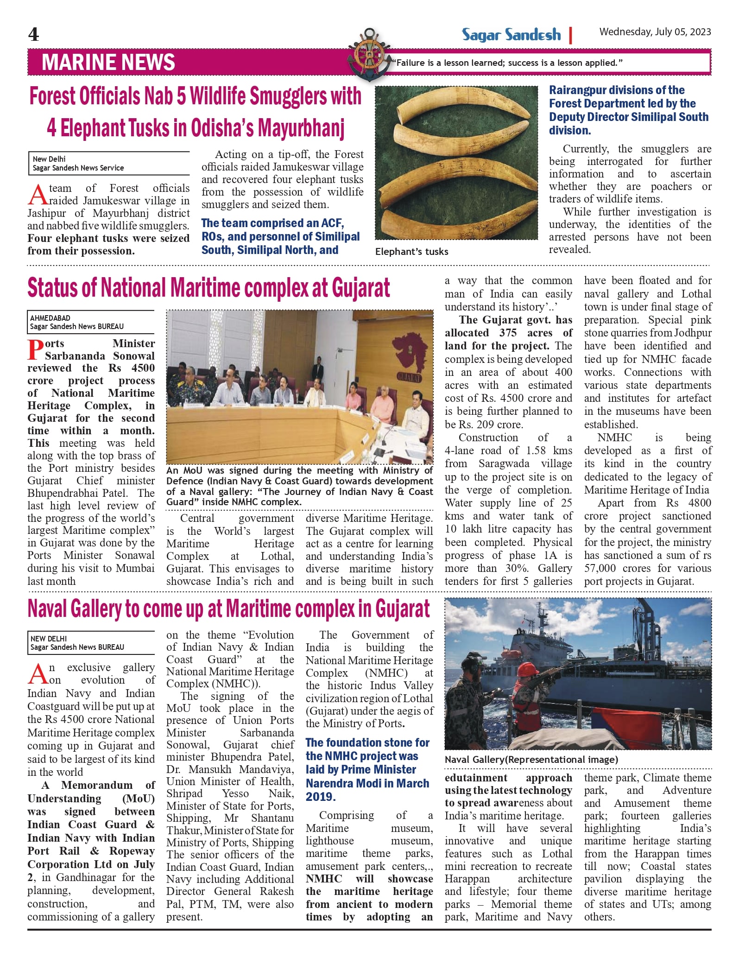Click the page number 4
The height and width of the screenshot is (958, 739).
(x=33, y=34)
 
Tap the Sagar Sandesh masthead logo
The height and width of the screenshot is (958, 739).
(x=511, y=35)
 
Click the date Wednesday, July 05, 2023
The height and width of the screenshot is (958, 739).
(x=655, y=32)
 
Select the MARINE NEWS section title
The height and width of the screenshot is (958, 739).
(x=108, y=63)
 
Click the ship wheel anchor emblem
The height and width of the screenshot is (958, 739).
(x=369, y=53)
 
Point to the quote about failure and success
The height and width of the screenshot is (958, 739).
(x=507, y=63)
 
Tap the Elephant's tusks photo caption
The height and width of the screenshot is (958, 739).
(x=411, y=252)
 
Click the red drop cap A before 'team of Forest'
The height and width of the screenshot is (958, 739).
(x=37, y=195)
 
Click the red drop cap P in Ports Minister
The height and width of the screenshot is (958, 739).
(x=36, y=350)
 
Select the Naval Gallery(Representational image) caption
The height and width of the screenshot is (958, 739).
(x=531, y=760)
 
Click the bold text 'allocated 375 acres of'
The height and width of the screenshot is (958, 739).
(x=508, y=333)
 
